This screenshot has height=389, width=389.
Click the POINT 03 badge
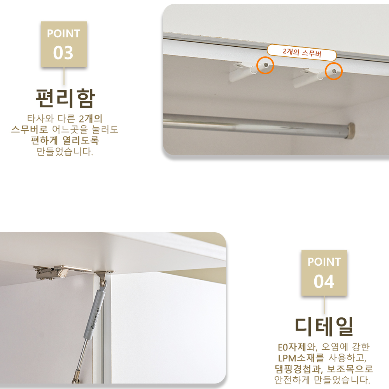[64, 44]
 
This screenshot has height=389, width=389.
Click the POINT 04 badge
[324, 272]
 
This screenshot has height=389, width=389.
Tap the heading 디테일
[324, 327]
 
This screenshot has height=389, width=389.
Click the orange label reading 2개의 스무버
[302, 52]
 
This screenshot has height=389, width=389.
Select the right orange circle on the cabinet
[333, 71]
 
